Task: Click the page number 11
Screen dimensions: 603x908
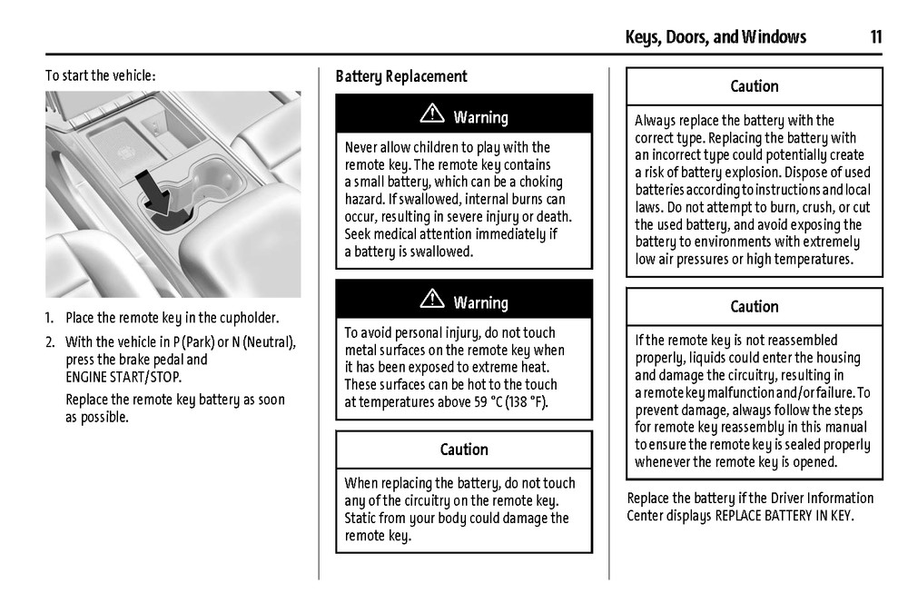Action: click(x=875, y=37)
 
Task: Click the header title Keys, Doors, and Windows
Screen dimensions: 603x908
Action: click(x=716, y=37)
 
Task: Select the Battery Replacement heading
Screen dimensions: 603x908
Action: click(x=401, y=77)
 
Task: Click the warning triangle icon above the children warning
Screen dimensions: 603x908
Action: click(x=432, y=115)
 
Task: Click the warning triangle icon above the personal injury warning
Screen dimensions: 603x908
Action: click(x=432, y=301)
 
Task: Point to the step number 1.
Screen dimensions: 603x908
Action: click(x=51, y=319)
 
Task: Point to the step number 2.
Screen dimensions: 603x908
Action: click(x=51, y=342)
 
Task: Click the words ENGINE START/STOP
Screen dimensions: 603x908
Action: click(x=123, y=377)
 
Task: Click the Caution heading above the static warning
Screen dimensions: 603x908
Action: click(x=464, y=450)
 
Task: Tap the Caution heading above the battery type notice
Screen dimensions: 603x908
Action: click(x=755, y=86)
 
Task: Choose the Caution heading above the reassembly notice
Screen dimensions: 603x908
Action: click(x=755, y=307)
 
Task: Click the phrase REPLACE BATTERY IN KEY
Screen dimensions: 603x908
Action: click(x=785, y=516)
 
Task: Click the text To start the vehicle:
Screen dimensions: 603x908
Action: click(x=100, y=76)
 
